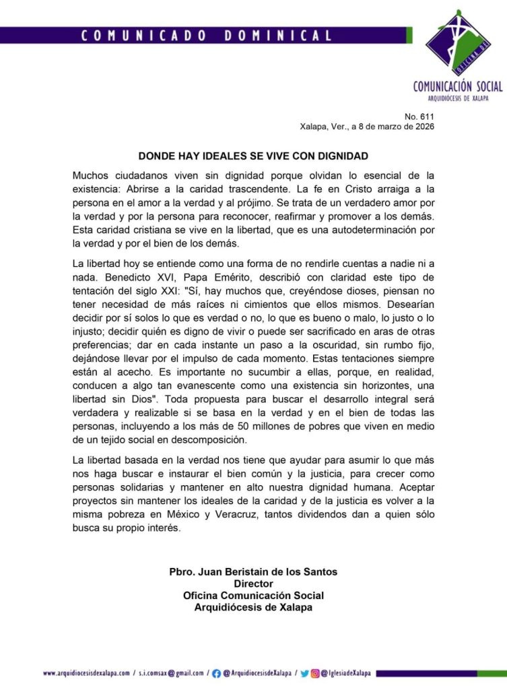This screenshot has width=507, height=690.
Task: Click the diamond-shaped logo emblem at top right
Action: click(459, 42)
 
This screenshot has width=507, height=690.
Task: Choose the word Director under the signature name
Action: click(253, 584)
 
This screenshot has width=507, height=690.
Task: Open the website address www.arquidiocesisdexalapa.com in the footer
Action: click(86, 673)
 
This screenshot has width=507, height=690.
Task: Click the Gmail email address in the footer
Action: click(171, 673)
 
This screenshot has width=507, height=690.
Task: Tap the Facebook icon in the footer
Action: click(217, 673)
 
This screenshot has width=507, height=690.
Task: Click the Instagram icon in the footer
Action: click(315, 673)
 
